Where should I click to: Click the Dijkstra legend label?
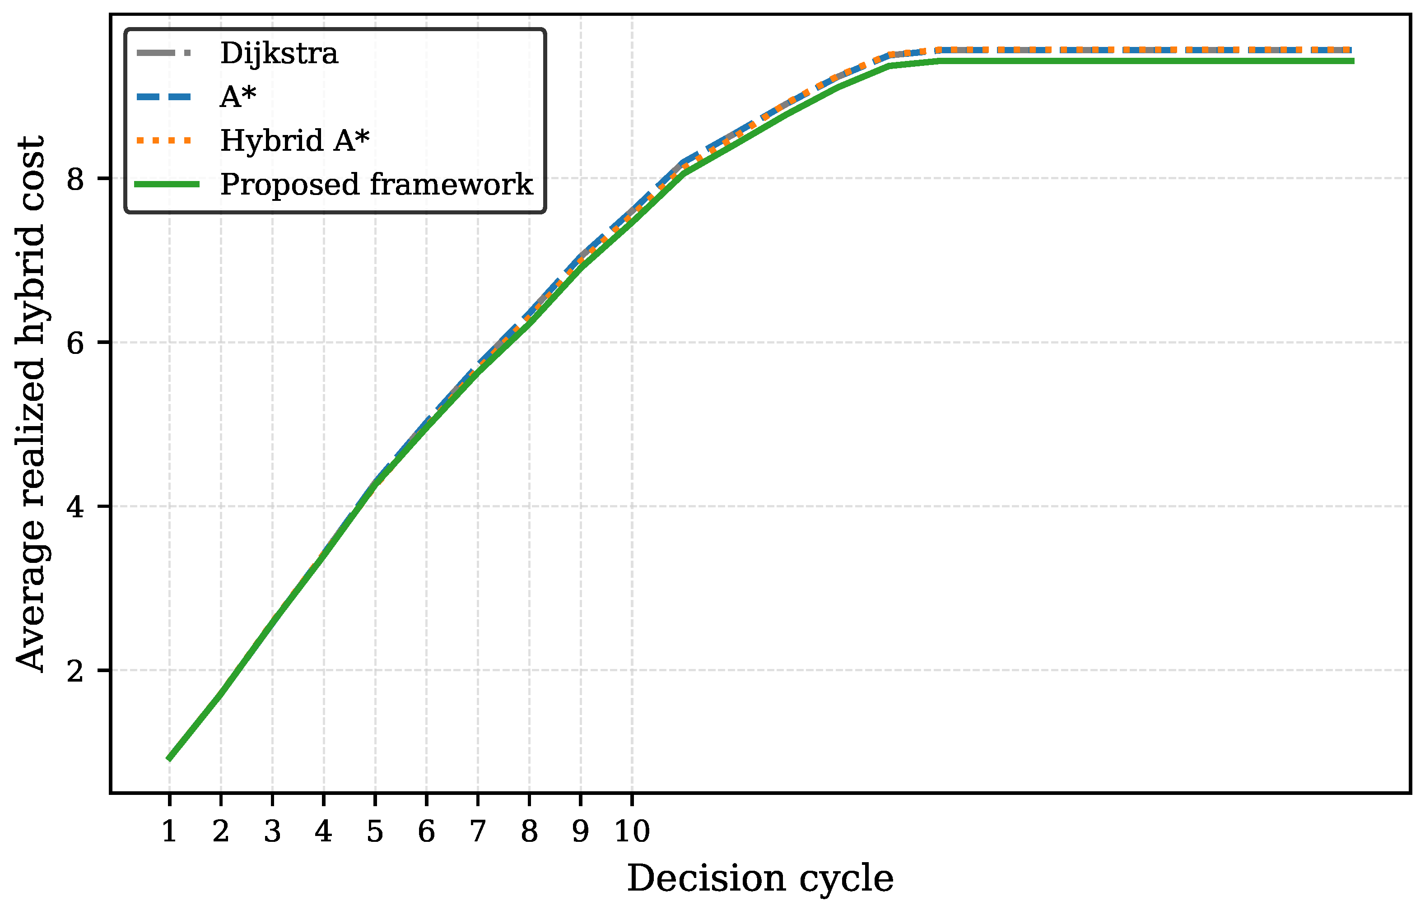coord(279,54)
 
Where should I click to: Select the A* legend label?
coord(238,97)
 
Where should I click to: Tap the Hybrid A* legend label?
coord(295,141)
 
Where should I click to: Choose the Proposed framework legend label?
coord(377,185)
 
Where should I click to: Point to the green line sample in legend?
coord(167,185)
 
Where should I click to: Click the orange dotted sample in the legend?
coord(164,141)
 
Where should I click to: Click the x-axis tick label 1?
coord(169,832)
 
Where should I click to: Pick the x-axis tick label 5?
coord(375,832)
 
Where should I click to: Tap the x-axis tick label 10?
coord(632,832)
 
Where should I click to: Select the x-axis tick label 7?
coord(478,832)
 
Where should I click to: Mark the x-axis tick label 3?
coord(272,832)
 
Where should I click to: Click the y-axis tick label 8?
coord(75,179)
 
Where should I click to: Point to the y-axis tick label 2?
coord(75,670)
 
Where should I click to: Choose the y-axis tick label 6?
coord(75,343)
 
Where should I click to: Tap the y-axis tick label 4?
coord(75,506)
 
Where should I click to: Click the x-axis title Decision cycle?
coord(760,879)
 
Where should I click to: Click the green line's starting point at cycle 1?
coord(169,758)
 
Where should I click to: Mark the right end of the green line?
coord(1353,61)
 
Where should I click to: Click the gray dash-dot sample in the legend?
coord(164,53)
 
